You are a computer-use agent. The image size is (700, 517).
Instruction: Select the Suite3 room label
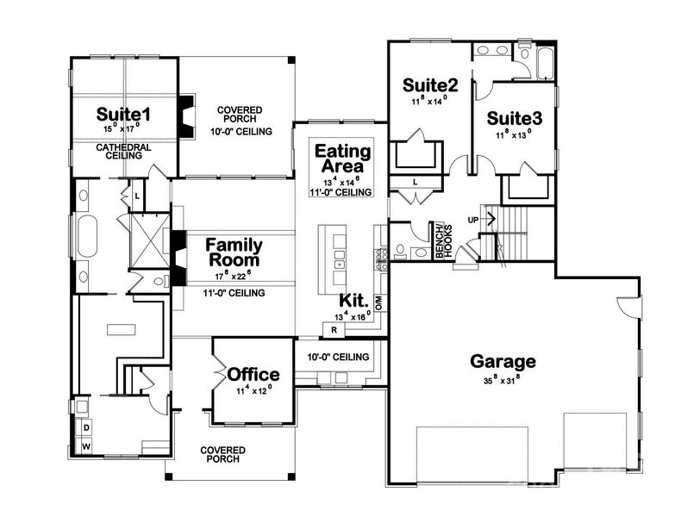click(514, 118)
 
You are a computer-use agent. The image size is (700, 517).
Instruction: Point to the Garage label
click(503, 361)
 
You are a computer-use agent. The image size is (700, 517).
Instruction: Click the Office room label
click(253, 375)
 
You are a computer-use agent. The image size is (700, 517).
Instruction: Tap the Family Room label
click(233, 252)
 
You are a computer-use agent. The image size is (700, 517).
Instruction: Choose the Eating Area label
click(342, 159)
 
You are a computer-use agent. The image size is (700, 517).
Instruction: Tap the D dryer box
click(86, 428)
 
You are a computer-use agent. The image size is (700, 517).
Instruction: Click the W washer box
click(86, 446)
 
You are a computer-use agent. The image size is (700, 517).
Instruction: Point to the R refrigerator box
click(332, 329)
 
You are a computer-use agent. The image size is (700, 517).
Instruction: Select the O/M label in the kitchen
click(378, 301)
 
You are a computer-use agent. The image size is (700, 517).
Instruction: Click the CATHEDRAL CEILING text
click(123, 152)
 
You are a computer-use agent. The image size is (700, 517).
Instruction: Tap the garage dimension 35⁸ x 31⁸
click(503, 380)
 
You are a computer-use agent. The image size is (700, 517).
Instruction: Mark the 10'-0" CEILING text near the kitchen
click(339, 357)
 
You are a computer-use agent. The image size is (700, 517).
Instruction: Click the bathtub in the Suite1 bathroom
click(87, 233)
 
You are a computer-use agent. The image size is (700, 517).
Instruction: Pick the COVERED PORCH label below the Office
click(222, 455)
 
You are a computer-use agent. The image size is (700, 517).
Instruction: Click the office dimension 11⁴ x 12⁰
click(253, 389)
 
